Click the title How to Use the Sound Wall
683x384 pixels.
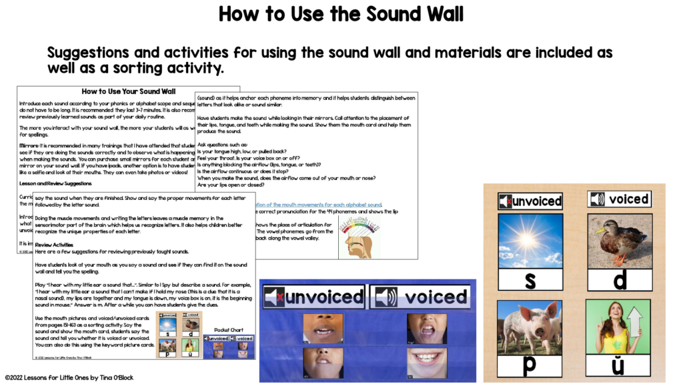[341, 15]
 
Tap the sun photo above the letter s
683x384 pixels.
[530, 241]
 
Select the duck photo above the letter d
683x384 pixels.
[620, 241]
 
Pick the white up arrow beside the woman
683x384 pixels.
[634, 323]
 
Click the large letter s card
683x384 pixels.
[530, 280]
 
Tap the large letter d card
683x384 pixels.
[620, 280]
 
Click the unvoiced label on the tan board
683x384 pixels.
[530, 200]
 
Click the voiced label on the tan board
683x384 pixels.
[620, 199]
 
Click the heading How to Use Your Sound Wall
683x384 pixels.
[129, 91]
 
